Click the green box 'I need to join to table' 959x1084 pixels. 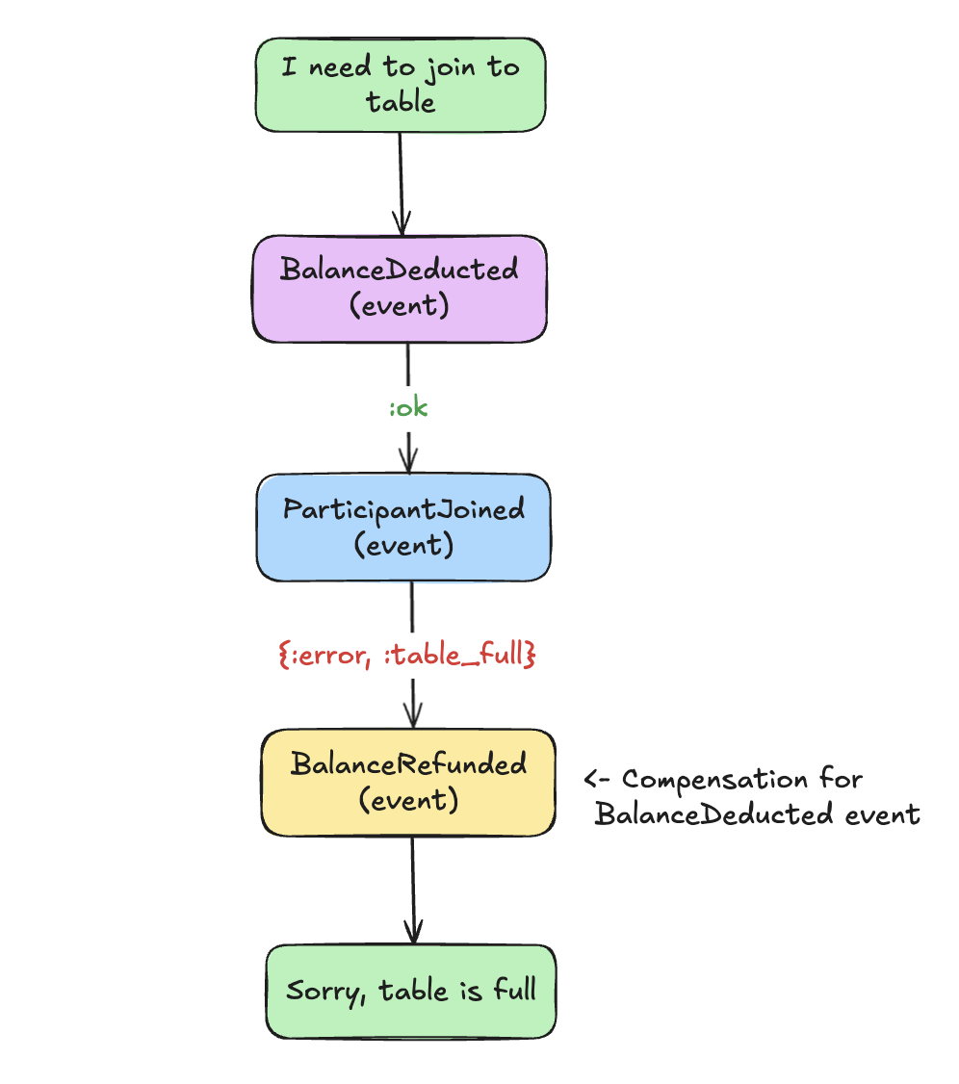[x=400, y=85]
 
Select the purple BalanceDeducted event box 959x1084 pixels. [x=400, y=289]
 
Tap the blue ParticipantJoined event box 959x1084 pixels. [x=403, y=527]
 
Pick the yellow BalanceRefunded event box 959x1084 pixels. [x=408, y=782]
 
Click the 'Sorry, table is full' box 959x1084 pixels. [x=411, y=992]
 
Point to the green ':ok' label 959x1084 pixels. [x=408, y=408]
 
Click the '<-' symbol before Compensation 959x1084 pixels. [x=597, y=780]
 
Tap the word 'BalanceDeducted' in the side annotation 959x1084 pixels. [x=713, y=814]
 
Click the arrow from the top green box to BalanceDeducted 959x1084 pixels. [x=401, y=183]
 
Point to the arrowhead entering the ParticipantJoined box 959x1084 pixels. [x=410, y=462]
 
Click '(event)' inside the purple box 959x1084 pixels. [x=399, y=307]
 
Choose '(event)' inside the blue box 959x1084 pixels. [x=403, y=545]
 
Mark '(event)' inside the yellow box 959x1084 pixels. [x=408, y=800]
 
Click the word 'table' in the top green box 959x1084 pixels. [x=400, y=102]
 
